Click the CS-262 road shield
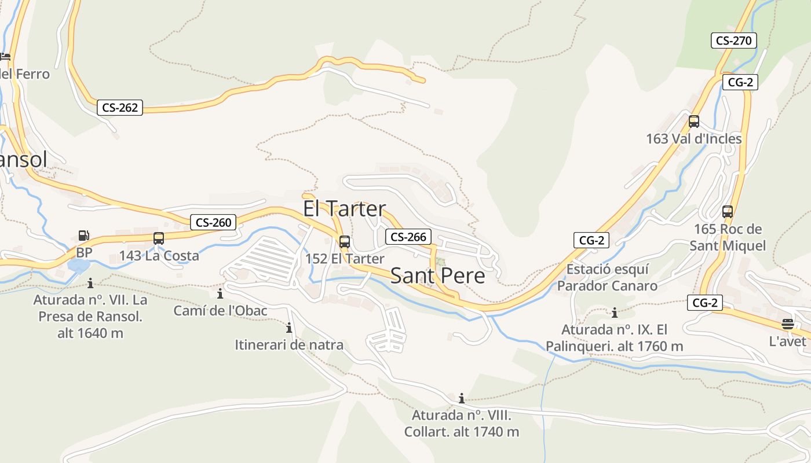coord(120,108)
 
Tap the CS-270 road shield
coord(733,41)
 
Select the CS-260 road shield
coord(213,222)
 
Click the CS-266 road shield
coord(408,237)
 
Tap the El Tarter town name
coord(344,209)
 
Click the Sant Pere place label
coord(437,276)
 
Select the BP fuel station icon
coord(84,236)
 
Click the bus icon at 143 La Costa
coord(159,238)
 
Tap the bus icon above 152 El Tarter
coord(345,242)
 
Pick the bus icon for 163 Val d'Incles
coord(693,122)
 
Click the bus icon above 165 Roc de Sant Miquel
coord(728,212)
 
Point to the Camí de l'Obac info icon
coord(220,294)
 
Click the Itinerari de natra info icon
coord(289,329)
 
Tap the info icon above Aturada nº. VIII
coord(462,398)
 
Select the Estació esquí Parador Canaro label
coord(607,277)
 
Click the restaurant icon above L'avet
coord(787,324)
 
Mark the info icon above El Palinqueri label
coord(615,313)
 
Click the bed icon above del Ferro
coord(5,57)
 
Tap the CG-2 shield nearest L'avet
coord(705,303)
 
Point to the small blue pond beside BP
coord(78,266)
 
